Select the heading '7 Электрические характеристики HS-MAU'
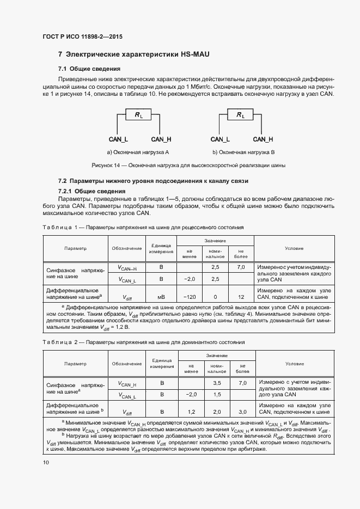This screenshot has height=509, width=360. pyautogui.click(x=133, y=55)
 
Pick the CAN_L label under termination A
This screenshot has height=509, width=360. pyautogui.click(x=118, y=139)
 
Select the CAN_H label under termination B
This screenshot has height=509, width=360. pyautogui.click(x=263, y=139)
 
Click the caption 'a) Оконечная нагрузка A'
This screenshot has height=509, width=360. pyautogui.click(x=138, y=152)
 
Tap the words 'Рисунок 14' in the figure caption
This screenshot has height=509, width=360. pyautogui.click(x=105, y=165)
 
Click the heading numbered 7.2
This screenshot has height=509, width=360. pyautogui.click(x=153, y=181)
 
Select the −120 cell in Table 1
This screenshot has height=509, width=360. pyautogui.click(x=190, y=297)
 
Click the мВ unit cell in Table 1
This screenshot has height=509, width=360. pyautogui.click(x=161, y=297)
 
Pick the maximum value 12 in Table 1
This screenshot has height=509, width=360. pyautogui.click(x=241, y=297)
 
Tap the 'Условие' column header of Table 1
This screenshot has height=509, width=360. pyautogui.click(x=294, y=248)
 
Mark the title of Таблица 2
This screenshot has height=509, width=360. pyautogui.click(x=143, y=342)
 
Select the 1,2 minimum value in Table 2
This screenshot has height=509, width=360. pyautogui.click(x=191, y=412)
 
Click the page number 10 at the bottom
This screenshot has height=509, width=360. pyautogui.click(x=46, y=462)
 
